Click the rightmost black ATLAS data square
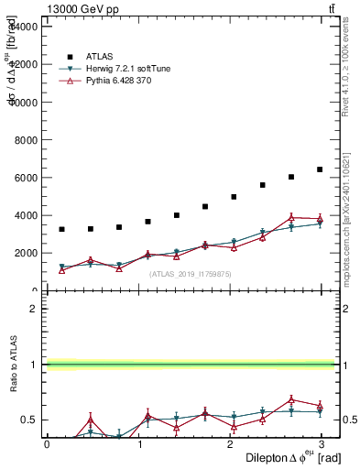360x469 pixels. [320, 169]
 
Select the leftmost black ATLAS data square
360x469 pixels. [61, 229]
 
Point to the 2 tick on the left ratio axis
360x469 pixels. [33, 309]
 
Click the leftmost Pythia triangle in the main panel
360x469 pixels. [61, 269]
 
